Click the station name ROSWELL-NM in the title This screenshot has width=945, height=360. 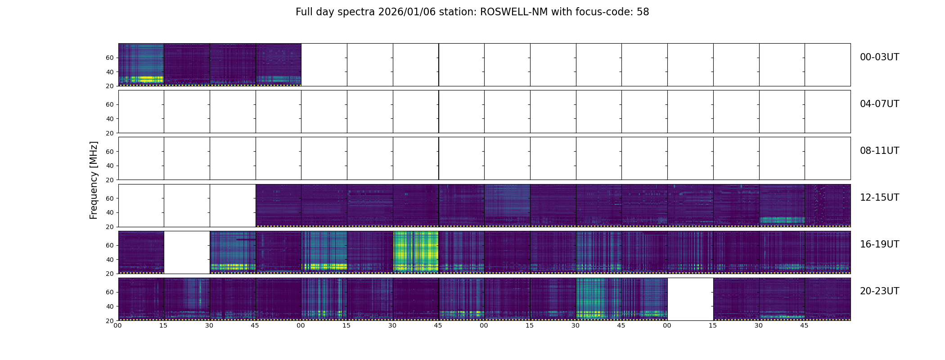tap(514, 12)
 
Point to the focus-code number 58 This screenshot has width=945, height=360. tap(643, 12)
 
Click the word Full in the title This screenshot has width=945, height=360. tap(304, 12)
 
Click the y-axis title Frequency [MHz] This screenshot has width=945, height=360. tap(94, 180)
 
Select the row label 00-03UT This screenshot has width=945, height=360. tap(879, 57)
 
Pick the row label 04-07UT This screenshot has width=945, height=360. tap(879, 104)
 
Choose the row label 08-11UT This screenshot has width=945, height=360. tap(879, 151)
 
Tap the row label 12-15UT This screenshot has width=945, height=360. tap(879, 198)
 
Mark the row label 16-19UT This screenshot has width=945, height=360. tap(879, 244)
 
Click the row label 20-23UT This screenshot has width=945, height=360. tap(879, 291)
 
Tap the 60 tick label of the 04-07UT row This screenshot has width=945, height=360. tap(110, 104)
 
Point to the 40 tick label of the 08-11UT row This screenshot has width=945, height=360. tap(110, 166)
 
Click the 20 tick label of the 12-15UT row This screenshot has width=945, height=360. tap(110, 227)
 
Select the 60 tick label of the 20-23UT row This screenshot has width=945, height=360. tap(110, 292)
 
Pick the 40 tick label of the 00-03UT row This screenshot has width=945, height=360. tap(110, 72)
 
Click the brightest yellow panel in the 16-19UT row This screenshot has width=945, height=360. tap(415, 252)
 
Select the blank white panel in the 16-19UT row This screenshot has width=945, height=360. tap(187, 252)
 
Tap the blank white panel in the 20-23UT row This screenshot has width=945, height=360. tap(690, 299)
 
